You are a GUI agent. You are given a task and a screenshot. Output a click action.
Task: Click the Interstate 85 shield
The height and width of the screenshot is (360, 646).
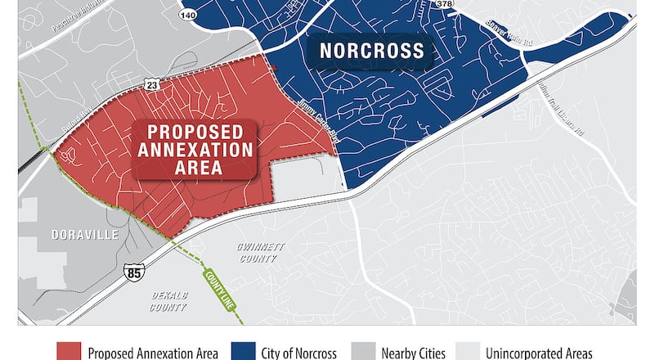pyautogui.click(x=133, y=272)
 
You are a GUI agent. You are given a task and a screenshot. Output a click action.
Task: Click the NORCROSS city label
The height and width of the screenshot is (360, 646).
pyautogui.click(x=372, y=52)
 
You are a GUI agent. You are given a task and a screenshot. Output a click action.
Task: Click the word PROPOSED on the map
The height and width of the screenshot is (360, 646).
pyautogui.click(x=194, y=132)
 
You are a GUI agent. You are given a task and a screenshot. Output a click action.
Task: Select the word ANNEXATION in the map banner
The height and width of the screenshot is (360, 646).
pyautogui.click(x=195, y=150)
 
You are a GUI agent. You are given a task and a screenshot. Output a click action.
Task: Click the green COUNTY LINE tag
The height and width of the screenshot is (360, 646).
pyautogui.click(x=215, y=288)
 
